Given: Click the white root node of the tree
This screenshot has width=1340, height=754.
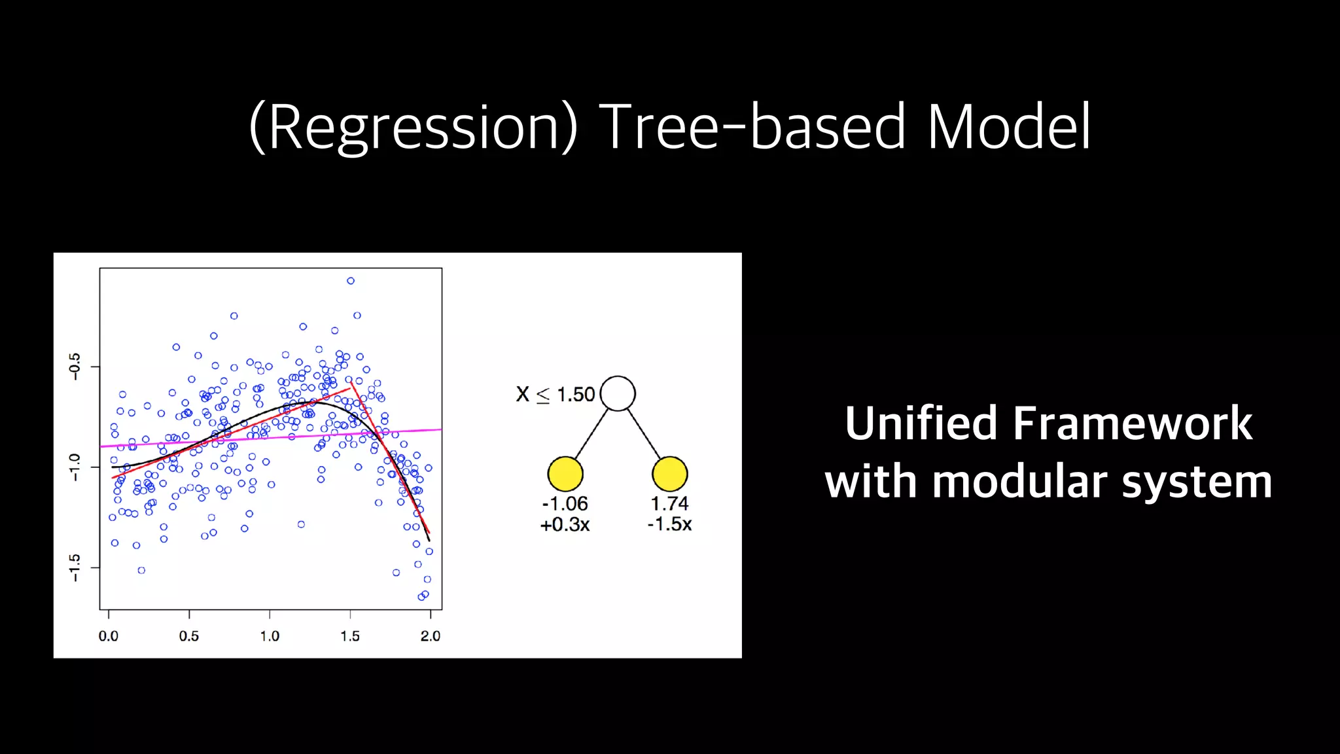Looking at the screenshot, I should (618, 393).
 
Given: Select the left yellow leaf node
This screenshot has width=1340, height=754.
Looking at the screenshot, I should (565, 474).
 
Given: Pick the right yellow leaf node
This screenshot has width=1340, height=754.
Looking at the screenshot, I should (669, 474).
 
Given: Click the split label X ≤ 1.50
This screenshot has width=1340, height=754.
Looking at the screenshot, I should (555, 395).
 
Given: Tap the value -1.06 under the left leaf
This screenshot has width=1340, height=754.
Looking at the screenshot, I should (565, 503).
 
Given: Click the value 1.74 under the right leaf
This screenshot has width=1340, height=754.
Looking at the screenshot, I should (669, 503).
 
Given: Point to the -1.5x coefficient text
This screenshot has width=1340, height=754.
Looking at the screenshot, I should (669, 524).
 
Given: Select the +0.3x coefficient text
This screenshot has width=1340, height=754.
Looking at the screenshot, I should (565, 524).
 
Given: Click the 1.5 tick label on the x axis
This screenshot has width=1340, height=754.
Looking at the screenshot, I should (350, 636).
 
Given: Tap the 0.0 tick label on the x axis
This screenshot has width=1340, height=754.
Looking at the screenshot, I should (109, 636).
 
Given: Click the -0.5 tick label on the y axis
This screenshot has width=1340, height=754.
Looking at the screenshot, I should (75, 367).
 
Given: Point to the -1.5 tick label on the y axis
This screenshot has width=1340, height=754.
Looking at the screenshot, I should (75, 567).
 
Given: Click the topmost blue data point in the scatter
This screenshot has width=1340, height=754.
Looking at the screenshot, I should (351, 281).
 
